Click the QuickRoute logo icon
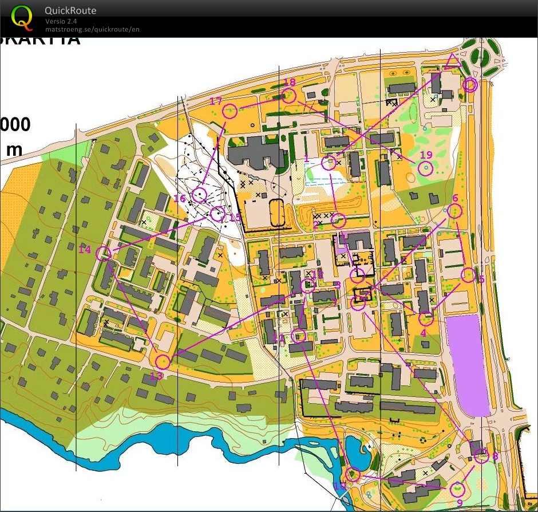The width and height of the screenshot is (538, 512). click(22, 17)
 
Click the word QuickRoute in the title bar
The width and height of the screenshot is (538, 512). click(70, 11)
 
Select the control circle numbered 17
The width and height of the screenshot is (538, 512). click(230, 111)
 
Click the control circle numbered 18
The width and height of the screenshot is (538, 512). click(289, 96)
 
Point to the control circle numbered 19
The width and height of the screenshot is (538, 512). click(425, 168)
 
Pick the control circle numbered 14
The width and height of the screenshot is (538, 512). click(104, 254)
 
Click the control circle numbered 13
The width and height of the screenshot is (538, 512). click(163, 361)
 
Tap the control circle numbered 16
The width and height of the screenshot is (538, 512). click(199, 195)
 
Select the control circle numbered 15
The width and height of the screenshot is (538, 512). click(217, 214)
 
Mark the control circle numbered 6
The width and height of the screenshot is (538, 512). click(455, 211)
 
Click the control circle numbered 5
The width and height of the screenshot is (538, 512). click(468, 275)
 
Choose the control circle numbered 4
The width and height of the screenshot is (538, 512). click(425, 318)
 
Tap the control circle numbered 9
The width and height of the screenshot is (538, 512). click(457, 490)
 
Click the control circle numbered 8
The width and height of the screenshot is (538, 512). click(481, 456)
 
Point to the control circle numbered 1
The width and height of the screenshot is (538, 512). click(328, 163)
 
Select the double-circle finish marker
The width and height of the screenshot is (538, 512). click(470, 85)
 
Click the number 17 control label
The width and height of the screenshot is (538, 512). click(215, 101)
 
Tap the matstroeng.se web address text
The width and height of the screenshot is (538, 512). click(92, 29)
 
